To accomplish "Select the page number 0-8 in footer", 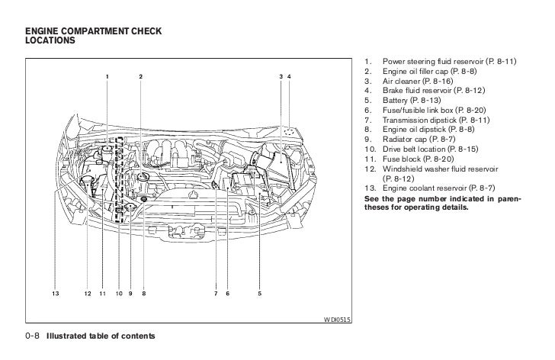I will click(x=32, y=336).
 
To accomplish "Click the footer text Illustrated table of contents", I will click(x=101, y=336).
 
